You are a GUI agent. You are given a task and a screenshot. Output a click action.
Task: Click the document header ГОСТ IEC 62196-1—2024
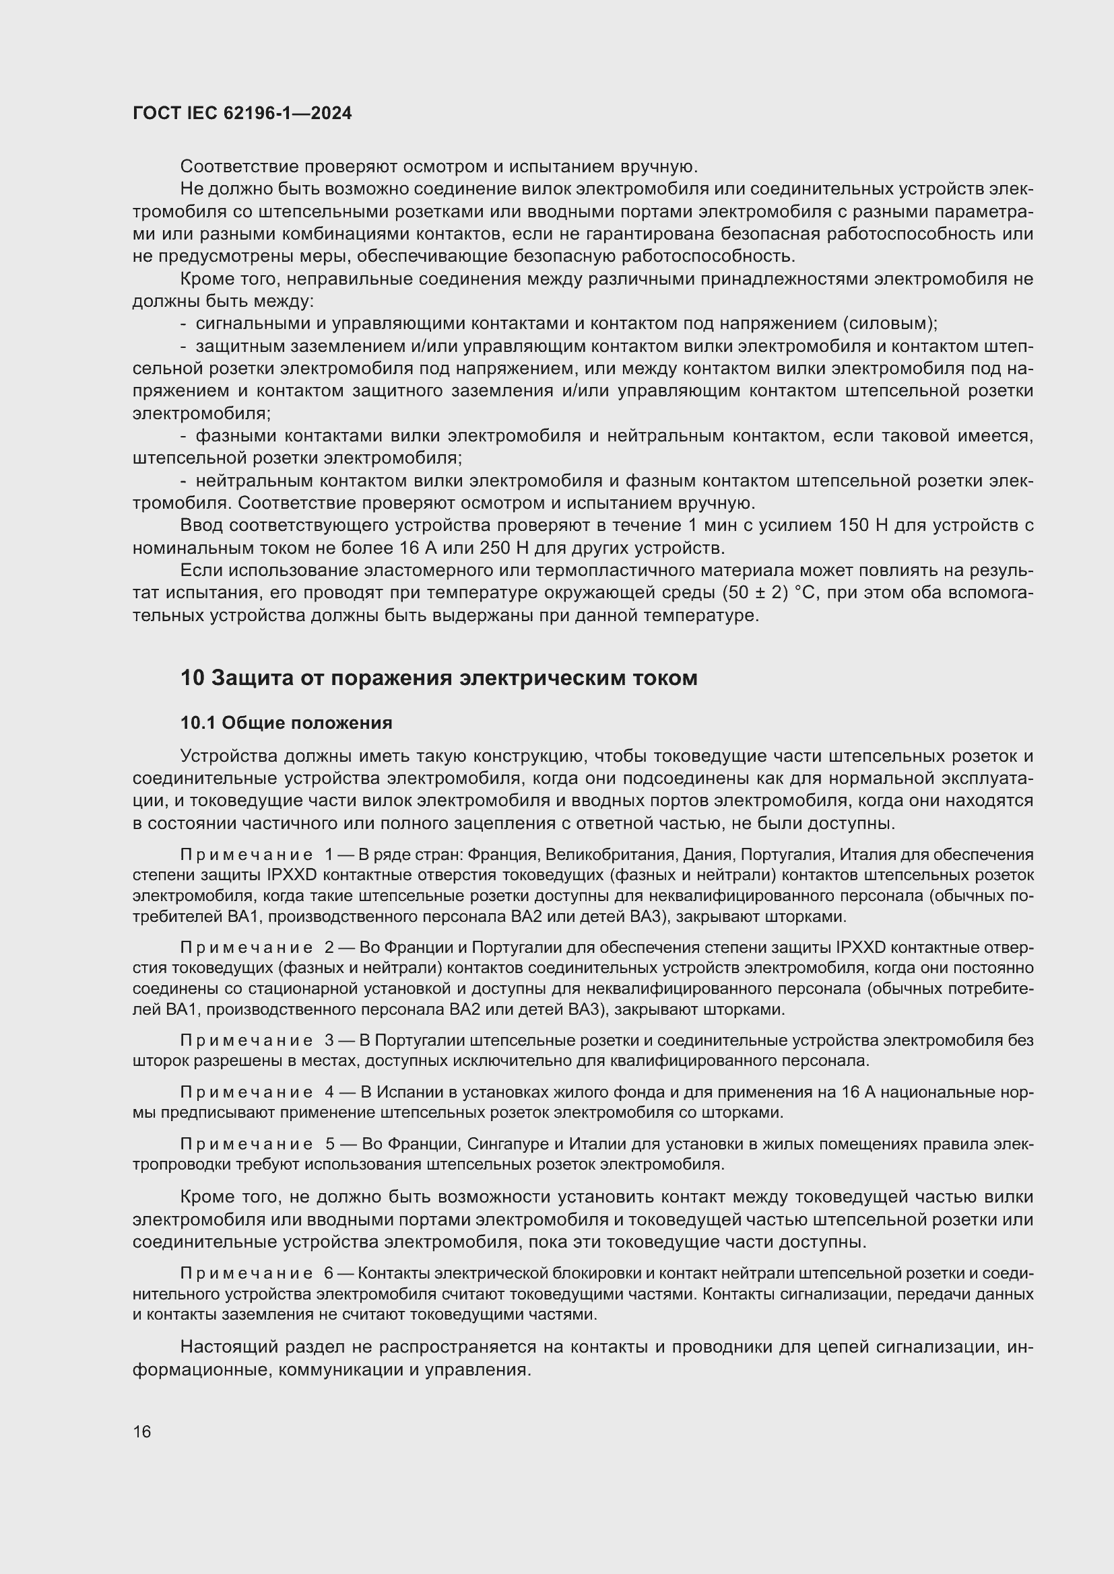(242, 114)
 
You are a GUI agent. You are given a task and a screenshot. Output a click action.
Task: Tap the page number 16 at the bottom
(142, 1431)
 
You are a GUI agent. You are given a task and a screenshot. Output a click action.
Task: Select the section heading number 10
(192, 678)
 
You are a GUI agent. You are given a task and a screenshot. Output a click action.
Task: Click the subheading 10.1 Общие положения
(286, 723)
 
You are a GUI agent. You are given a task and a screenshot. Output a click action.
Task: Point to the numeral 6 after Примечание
(329, 1273)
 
